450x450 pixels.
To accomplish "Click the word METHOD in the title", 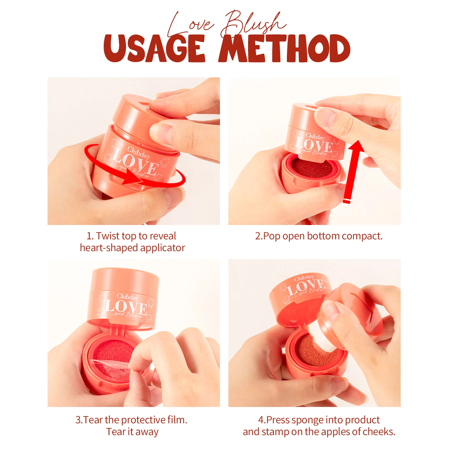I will [284, 48].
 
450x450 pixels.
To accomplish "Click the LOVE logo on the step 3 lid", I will [127, 308].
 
